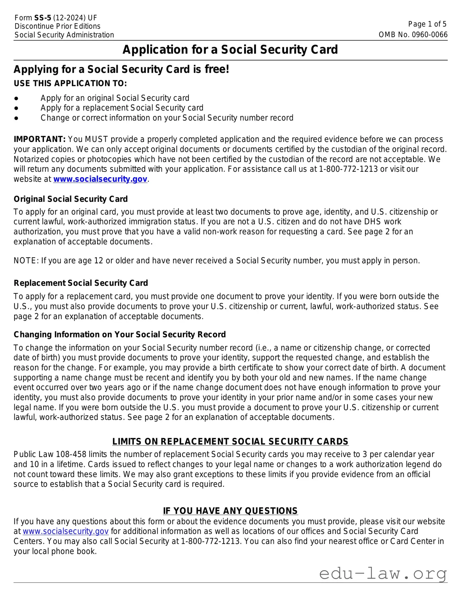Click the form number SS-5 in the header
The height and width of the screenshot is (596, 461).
pyautogui.click(x=42, y=18)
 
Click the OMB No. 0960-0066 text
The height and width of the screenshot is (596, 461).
pyautogui.click(x=413, y=35)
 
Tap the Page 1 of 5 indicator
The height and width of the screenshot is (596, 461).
pyautogui.click(x=427, y=24)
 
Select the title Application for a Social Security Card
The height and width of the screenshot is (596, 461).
pyautogui.click(x=230, y=50)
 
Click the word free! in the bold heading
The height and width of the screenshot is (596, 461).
pyautogui.click(x=217, y=69)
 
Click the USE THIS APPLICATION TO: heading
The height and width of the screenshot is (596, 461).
pyautogui.click(x=70, y=84)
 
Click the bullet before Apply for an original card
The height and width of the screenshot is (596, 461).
pyautogui.click(x=16, y=98)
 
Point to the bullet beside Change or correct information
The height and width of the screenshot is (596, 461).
pyautogui.click(x=16, y=118)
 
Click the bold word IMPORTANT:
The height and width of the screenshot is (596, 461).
pyautogui.click(x=40, y=139)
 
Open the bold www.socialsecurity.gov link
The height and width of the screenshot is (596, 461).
pyautogui.click(x=100, y=179)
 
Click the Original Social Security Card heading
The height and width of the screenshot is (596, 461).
pyautogui.click(x=70, y=199)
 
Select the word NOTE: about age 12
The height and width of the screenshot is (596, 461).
pyautogui.click(x=26, y=261)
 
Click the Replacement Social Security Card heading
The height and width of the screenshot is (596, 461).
pyautogui.click(x=81, y=283)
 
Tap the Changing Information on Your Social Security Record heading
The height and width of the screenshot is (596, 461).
pyautogui.click(x=119, y=335)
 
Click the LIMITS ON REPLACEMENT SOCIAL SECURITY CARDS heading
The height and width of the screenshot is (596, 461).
pyautogui.click(x=230, y=442)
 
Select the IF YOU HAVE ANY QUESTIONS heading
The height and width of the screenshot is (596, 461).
pyautogui.click(x=230, y=511)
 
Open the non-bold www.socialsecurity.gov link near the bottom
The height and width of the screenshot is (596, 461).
pyautogui.click(x=66, y=531)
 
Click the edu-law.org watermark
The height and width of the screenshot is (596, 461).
pyautogui.click(x=383, y=573)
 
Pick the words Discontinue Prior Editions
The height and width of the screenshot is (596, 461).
pyautogui.click(x=58, y=26)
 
